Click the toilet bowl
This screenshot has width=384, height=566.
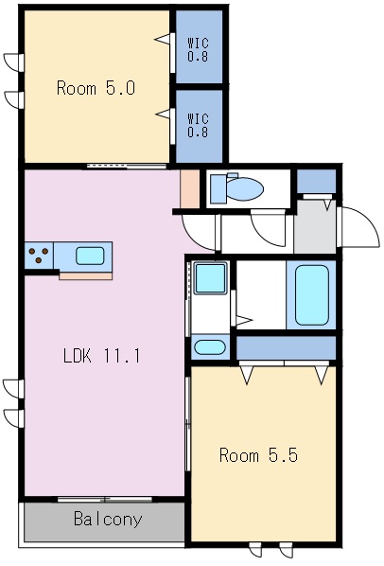click(x=245, y=188)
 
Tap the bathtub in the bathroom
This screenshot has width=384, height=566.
click(x=312, y=295)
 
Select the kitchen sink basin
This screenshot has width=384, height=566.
click(x=90, y=256)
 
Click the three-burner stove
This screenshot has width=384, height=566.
click(x=39, y=256)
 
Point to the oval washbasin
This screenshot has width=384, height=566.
click(x=209, y=347)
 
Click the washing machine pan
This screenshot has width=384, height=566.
click(x=211, y=278)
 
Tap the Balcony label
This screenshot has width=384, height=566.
click(x=108, y=520)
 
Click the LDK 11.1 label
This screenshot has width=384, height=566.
click(x=101, y=356)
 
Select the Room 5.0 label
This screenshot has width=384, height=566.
click(x=96, y=88)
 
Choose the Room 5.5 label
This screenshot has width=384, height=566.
click(x=258, y=455)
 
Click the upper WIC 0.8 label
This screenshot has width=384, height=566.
click(x=198, y=50)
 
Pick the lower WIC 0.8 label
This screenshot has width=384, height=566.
click(x=198, y=125)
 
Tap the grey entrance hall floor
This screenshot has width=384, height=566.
click(x=315, y=227)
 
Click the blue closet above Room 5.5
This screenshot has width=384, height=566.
click(x=286, y=348)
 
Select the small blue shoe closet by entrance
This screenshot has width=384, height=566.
click(x=316, y=181)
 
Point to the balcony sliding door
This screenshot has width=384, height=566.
click(x=105, y=500)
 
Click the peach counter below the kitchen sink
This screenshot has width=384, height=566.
click(x=85, y=276)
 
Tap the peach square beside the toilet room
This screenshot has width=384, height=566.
click(x=190, y=188)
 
